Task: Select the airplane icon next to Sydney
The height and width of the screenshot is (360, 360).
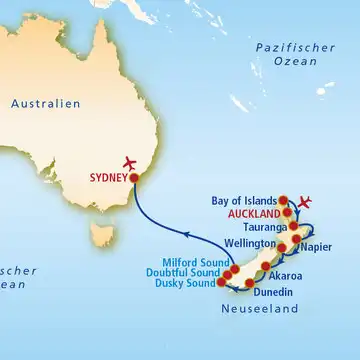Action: pyautogui.click(x=127, y=164)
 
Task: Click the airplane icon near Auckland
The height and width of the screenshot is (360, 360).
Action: pyautogui.click(x=306, y=203)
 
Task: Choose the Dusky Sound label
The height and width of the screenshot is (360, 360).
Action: pyautogui.click(x=186, y=284)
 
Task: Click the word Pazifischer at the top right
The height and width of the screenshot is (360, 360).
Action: pyautogui.click(x=290, y=47)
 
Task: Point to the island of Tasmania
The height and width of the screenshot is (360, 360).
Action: pyautogui.click(x=98, y=236)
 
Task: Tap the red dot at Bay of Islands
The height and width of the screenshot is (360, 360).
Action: pyautogui.click(x=283, y=200)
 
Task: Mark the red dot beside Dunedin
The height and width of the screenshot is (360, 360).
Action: pyautogui.click(x=249, y=284)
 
